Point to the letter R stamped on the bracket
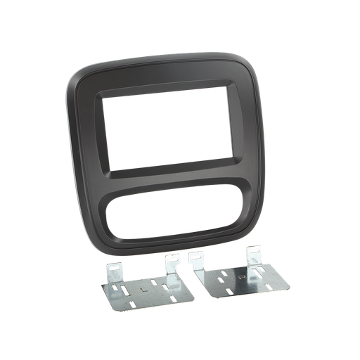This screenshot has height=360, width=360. pos(241,277)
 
